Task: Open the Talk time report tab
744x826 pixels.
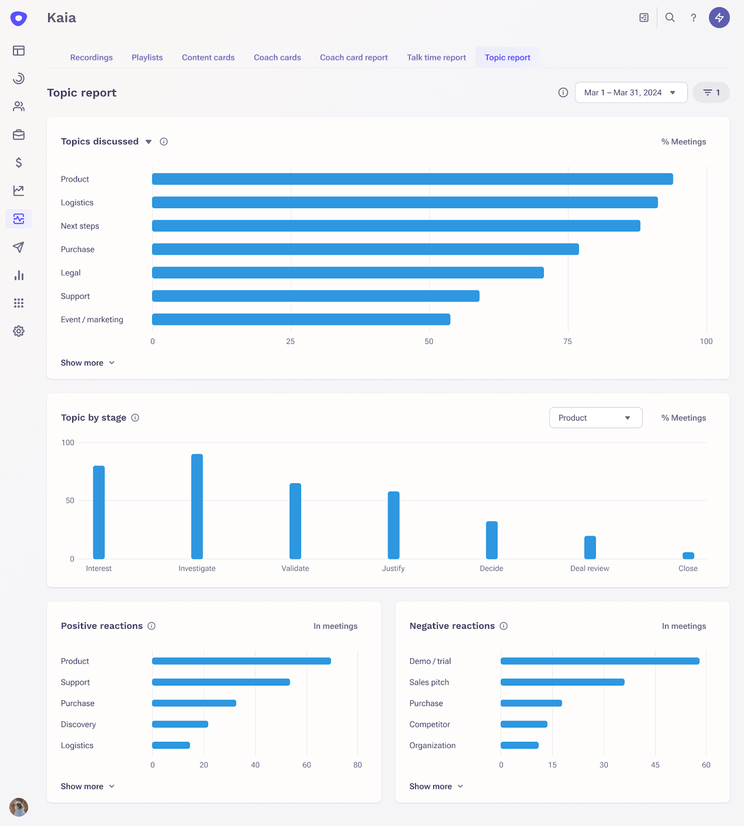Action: pos(436,57)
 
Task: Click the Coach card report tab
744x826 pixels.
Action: pos(354,57)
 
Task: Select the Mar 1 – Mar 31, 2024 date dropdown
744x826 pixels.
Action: pos(630,92)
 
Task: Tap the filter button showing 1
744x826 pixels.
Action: pos(711,92)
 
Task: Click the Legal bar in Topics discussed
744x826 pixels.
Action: pos(347,273)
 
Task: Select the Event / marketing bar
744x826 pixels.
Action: pos(301,320)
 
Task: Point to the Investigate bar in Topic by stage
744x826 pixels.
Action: pos(197,506)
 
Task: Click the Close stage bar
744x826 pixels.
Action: pos(688,555)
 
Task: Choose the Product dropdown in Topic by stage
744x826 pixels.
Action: pos(595,418)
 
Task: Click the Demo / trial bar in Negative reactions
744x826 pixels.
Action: pos(599,661)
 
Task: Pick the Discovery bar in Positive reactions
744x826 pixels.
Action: pos(180,724)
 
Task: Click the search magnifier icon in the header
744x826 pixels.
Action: pos(670,18)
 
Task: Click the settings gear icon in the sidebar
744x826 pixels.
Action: pos(19,331)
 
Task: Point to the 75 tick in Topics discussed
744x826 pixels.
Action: pos(567,341)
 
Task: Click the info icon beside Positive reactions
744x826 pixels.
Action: pos(151,626)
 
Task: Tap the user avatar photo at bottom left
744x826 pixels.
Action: pos(19,807)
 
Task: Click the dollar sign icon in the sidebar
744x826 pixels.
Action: pos(19,163)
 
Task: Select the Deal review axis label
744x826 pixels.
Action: pos(590,568)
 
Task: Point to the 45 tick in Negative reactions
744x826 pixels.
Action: pos(655,765)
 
